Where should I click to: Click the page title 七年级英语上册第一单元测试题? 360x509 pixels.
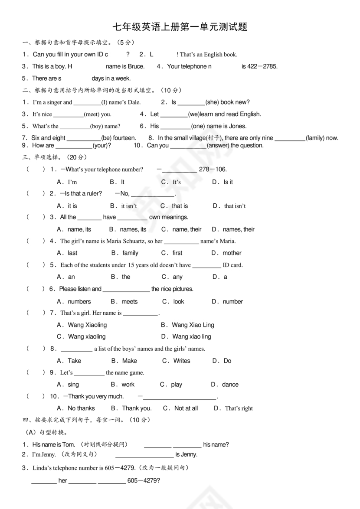(x=180, y=27)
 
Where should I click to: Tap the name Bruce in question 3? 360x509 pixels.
(x=136, y=66)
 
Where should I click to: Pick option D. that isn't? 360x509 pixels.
(x=229, y=206)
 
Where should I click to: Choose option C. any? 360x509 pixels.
(x=172, y=277)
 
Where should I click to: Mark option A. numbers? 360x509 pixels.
(x=74, y=301)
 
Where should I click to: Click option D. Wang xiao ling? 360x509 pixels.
(x=186, y=336)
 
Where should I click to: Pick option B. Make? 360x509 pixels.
(x=124, y=361)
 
